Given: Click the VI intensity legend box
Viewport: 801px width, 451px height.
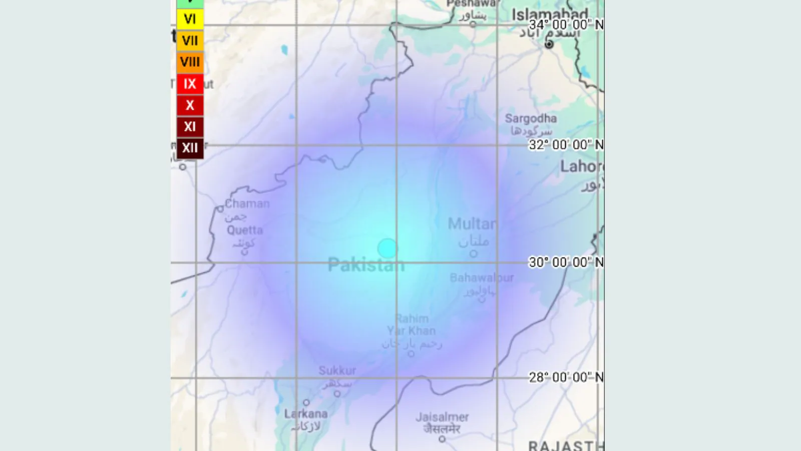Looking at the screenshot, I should pos(190,19).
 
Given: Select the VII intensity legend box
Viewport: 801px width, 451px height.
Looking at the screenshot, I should pos(190,41).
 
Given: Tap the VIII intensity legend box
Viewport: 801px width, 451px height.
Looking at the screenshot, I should pos(190,62).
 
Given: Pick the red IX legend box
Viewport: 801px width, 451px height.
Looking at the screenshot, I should pos(190,84).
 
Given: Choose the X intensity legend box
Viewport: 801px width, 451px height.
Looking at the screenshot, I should pos(190,105).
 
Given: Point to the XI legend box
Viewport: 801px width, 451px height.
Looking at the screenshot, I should pos(190,126).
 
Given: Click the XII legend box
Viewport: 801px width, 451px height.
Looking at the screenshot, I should pos(190,148).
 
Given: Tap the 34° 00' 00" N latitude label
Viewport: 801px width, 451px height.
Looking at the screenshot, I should pos(566,25).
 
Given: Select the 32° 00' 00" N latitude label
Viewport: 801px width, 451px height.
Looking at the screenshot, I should pos(566,145).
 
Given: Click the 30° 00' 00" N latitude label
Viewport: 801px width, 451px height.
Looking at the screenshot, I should pos(566,262).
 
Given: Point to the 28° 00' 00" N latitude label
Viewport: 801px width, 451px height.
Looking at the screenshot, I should pos(566,377).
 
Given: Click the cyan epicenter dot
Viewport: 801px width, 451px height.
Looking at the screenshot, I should pos(387,248).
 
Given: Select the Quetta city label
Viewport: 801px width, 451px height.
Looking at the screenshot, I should pos(244,231).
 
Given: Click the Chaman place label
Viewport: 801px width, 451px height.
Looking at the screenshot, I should pos(247,204).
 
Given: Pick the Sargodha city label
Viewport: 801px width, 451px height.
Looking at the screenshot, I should pos(531,119).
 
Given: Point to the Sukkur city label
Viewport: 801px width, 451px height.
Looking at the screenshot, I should pos(337,371).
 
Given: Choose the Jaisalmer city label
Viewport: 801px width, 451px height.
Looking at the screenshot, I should pos(442,417).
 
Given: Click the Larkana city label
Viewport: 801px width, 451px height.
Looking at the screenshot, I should pos(306,414).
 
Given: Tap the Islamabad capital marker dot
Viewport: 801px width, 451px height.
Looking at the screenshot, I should pos(549,44).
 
